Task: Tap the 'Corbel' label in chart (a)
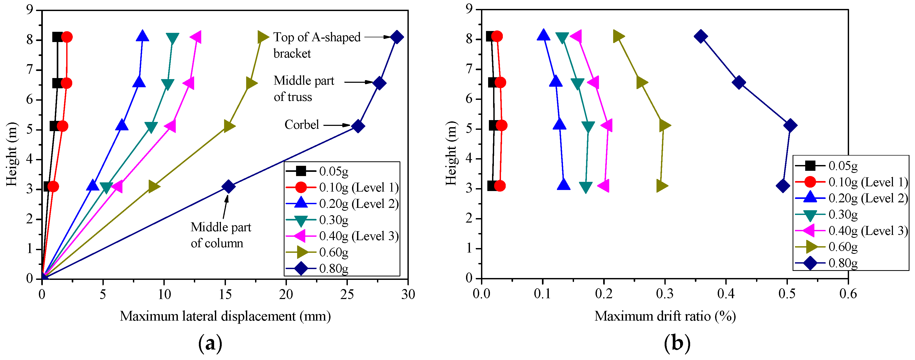(x=302, y=125)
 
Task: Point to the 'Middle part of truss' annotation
(x=303, y=89)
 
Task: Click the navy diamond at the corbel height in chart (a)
(x=358, y=126)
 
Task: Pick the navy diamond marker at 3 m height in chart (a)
(x=228, y=186)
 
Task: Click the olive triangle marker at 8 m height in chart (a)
(x=262, y=37)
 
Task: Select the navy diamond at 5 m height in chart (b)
(x=790, y=125)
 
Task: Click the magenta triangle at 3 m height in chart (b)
(x=603, y=186)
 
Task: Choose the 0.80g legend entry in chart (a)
(x=333, y=268)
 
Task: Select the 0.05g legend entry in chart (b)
(x=842, y=166)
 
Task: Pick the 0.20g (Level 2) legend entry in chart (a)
(x=358, y=204)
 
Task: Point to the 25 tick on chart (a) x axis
(x=347, y=294)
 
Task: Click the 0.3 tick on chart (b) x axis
(x=665, y=294)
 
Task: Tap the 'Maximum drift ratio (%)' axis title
(x=665, y=316)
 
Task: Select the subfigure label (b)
(x=677, y=343)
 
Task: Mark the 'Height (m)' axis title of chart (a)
(x=12, y=154)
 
